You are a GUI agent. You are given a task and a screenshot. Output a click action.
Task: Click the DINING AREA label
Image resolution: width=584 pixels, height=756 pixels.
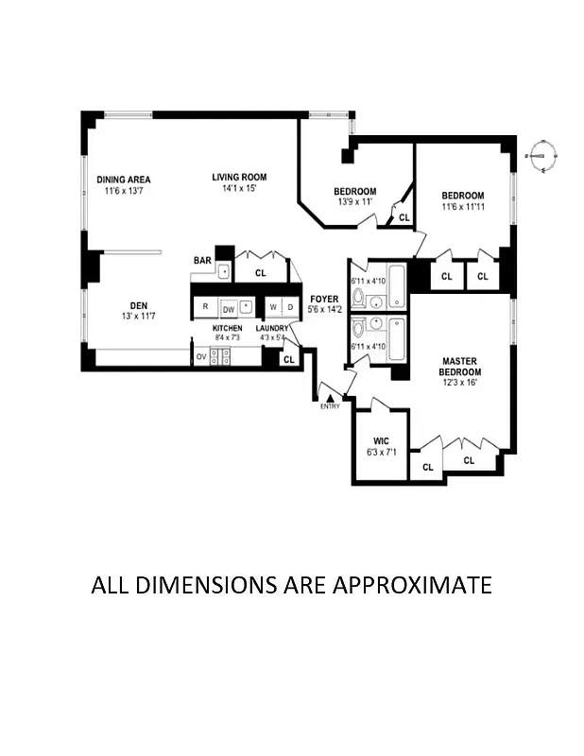pyautogui.click(x=124, y=180)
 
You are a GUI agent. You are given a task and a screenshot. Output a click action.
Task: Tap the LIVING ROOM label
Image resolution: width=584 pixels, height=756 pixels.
pyautogui.click(x=239, y=177)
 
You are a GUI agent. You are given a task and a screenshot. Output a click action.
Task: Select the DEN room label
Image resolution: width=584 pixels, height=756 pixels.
pyautogui.click(x=138, y=305)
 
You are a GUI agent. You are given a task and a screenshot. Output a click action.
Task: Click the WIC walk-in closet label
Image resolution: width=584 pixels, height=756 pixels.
pyautogui.click(x=381, y=440)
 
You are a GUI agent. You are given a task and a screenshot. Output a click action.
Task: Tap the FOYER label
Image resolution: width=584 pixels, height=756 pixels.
pyautogui.click(x=324, y=300)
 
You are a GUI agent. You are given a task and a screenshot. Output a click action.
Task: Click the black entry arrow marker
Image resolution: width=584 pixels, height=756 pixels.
pyautogui.click(x=329, y=398)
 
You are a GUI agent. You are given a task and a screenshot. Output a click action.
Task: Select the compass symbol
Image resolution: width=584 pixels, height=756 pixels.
pyautogui.click(x=543, y=153)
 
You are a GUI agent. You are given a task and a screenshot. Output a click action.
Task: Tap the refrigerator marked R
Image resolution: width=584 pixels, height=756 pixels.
pyautogui.click(x=205, y=307)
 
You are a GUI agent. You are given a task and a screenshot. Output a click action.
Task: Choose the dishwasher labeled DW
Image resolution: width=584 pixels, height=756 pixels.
pyautogui.click(x=228, y=308)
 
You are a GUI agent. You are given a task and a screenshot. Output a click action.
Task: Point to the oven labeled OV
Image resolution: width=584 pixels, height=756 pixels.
pyautogui.click(x=201, y=357)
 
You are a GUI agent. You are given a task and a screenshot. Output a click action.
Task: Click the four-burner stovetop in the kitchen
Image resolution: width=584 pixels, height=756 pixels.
pyautogui.click(x=220, y=356)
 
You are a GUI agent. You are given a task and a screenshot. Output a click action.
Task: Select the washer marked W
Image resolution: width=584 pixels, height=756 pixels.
pyautogui.click(x=272, y=307)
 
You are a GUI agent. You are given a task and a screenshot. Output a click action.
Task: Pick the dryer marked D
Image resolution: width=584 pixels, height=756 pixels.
pyautogui.click(x=290, y=307)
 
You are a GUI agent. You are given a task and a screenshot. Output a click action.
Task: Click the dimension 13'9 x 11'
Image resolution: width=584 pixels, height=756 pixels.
pyautogui.click(x=355, y=202)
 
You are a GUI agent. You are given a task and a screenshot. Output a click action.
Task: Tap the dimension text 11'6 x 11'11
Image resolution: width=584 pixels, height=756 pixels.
pyautogui.click(x=463, y=207)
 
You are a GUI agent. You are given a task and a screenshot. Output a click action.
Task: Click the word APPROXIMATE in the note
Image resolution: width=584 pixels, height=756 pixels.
pyautogui.click(x=411, y=585)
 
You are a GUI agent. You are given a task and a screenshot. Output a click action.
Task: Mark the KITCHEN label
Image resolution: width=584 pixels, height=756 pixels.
pyautogui.click(x=227, y=328)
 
